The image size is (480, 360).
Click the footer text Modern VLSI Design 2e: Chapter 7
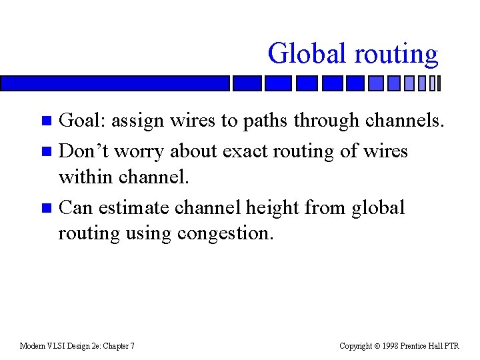pyautogui.click(x=77, y=345)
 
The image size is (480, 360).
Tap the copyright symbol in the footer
pyautogui.click(x=377, y=345)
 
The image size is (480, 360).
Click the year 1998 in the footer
pyautogui.click(x=391, y=345)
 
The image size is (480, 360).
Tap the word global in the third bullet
pyautogui.click(x=379, y=207)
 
